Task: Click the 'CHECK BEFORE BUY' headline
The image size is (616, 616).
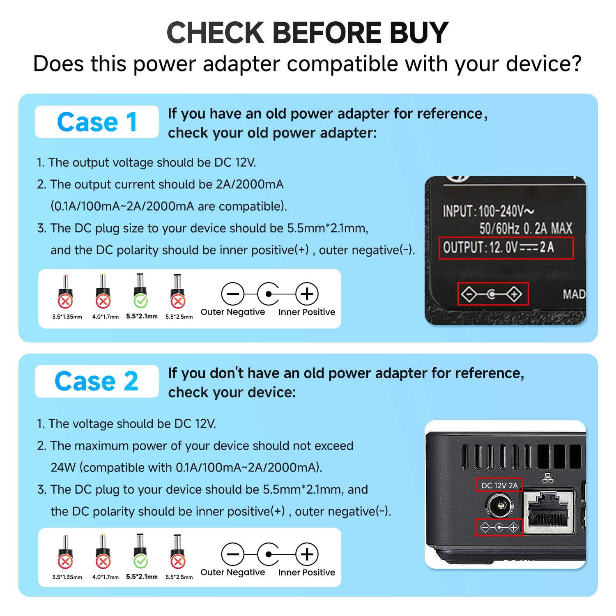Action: [307, 33]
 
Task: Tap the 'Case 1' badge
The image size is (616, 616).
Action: [97, 122]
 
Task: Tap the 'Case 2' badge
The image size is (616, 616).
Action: [97, 382]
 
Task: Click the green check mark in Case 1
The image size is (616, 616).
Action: [140, 301]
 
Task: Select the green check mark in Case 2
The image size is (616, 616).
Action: [140, 561]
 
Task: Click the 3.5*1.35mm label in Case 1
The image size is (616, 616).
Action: [67, 317]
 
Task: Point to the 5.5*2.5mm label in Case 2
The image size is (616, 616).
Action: [179, 577]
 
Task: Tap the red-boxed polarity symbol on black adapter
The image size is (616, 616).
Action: [493, 294]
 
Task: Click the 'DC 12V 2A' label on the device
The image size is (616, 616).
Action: [499, 485]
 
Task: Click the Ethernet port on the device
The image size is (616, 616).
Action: [548, 511]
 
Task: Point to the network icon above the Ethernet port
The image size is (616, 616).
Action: [548, 478]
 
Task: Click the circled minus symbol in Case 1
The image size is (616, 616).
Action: [232, 294]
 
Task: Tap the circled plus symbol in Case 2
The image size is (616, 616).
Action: [307, 554]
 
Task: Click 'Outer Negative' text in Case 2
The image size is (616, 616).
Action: [232, 572]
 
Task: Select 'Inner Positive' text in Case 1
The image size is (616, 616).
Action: [306, 312]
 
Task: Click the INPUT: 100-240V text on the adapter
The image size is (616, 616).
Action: [488, 211]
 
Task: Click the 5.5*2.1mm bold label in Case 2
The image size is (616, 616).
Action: [142, 577]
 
